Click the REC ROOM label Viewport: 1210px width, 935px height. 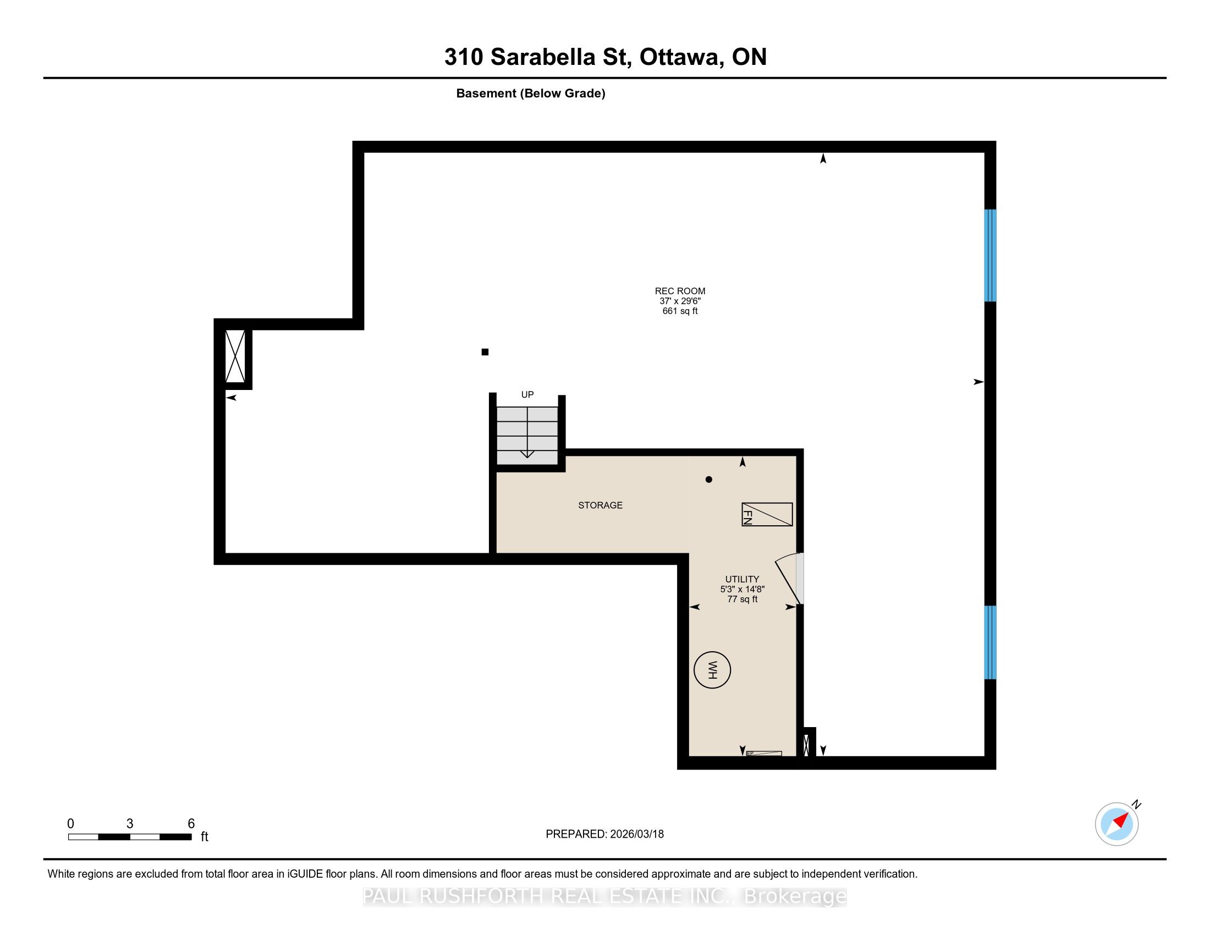(x=680, y=291)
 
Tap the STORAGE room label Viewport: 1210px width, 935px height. (x=600, y=505)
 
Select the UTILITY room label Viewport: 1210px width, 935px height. (x=742, y=579)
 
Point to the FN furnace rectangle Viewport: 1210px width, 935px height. (x=767, y=515)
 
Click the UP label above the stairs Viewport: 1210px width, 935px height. (x=527, y=394)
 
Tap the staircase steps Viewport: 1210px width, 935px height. (x=527, y=436)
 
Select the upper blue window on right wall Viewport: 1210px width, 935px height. (x=990, y=255)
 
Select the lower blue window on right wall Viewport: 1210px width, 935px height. (x=990, y=642)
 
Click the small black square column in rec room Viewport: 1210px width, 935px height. (x=485, y=352)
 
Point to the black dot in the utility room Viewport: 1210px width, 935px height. (x=708, y=480)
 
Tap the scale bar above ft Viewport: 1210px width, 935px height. (x=130, y=837)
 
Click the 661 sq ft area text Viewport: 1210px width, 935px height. (x=680, y=311)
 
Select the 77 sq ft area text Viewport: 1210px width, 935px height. (x=743, y=599)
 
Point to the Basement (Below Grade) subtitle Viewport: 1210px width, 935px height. (x=531, y=94)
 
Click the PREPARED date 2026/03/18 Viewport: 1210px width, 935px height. (x=636, y=834)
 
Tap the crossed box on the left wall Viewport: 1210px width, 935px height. (x=235, y=356)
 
